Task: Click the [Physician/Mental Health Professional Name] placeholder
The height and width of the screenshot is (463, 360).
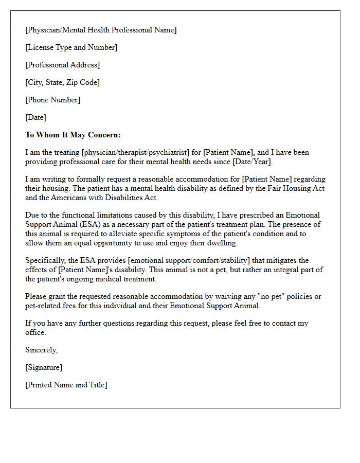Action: [101, 30]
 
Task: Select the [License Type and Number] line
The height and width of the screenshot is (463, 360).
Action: [71, 47]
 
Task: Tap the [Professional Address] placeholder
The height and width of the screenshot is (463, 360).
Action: [63, 65]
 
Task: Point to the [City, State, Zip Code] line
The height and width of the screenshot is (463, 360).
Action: [63, 82]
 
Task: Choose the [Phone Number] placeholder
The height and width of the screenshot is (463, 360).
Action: [53, 100]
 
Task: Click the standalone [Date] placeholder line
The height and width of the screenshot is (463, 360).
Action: [36, 117]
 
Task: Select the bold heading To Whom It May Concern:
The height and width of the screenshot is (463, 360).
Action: [73, 135]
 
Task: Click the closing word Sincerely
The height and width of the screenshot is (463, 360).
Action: [41, 350]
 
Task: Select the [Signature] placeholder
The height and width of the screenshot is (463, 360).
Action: [44, 367]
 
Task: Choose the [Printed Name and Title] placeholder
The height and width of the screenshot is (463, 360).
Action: [66, 385]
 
